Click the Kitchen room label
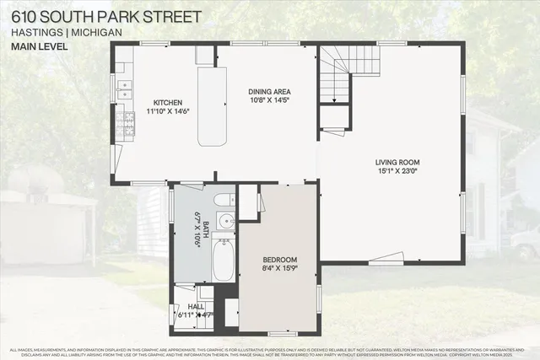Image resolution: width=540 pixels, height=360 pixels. (168, 101)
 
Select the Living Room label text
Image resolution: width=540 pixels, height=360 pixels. (397, 162)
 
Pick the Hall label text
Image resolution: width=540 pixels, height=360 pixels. (196, 306)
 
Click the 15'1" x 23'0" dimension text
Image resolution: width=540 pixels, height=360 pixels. (397, 171)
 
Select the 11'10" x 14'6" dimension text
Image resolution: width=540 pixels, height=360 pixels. (168, 110)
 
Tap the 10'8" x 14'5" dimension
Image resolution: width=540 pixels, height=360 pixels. (270, 100)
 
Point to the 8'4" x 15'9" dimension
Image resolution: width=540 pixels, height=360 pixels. (278, 270)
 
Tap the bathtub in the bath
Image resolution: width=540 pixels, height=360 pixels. (224, 261)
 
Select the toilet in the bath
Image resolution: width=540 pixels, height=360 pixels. (224, 200)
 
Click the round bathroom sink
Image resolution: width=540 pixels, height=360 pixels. (225, 221)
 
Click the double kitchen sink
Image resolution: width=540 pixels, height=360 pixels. (124, 85)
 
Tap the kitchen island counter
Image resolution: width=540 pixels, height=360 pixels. (212, 105)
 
